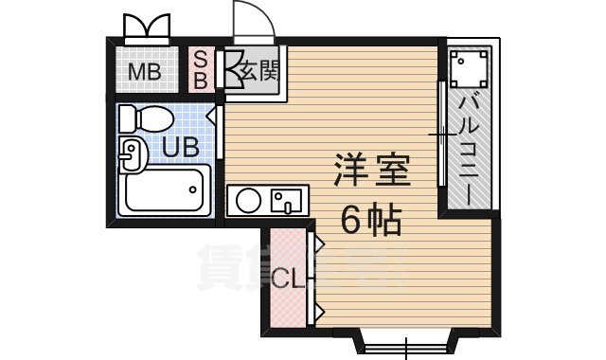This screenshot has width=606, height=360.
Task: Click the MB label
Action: click(x=145, y=71)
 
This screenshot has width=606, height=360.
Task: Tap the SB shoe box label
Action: click(x=201, y=68)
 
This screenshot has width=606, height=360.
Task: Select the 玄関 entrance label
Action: click(x=258, y=69)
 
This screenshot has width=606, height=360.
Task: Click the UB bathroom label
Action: click(x=179, y=147)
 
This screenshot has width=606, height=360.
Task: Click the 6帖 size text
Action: click(x=371, y=222)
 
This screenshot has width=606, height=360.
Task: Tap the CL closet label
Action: click(x=285, y=280)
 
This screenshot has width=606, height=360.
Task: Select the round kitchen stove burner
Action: click(x=249, y=201)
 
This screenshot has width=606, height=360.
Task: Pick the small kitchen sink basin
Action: click(x=285, y=201)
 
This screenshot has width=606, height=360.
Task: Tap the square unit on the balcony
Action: click(x=468, y=68)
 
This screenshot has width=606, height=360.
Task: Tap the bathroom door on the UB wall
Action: click(x=220, y=132)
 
